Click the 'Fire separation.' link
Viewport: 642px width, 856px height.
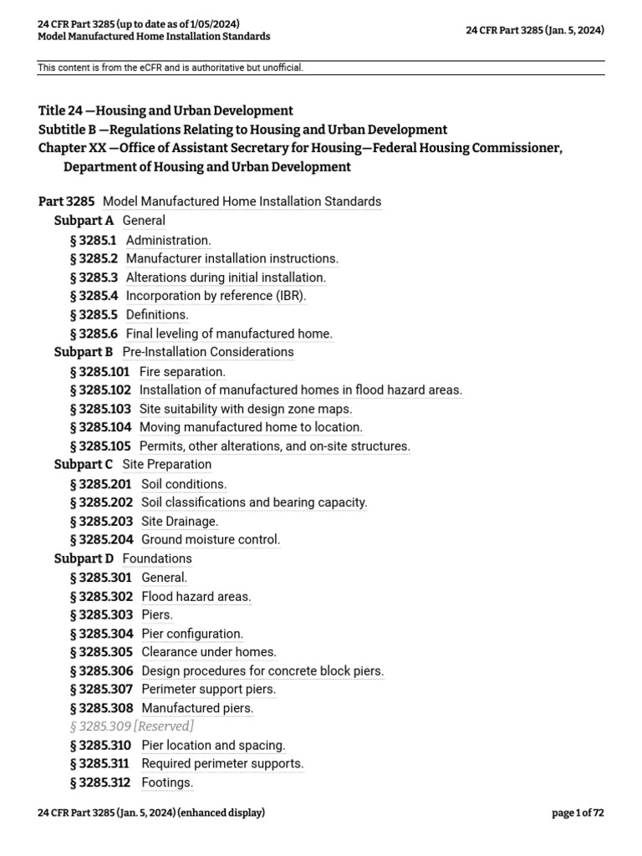click(x=182, y=371)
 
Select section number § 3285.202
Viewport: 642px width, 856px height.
click(x=101, y=502)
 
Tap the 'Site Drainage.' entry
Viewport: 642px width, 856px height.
click(x=180, y=521)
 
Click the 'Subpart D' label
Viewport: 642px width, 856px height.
click(x=84, y=558)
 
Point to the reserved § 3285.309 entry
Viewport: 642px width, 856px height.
click(x=132, y=726)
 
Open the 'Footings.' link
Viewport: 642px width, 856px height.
click(x=167, y=782)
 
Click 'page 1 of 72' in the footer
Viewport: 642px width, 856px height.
click(x=578, y=813)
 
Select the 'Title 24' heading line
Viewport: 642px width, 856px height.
click(x=166, y=110)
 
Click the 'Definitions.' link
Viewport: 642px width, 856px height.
click(x=157, y=315)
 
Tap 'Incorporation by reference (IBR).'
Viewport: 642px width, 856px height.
click(x=216, y=296)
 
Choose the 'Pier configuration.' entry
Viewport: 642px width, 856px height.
click(x=192, y=634)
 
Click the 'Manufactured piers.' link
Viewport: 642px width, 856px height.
click(x=197, y=708)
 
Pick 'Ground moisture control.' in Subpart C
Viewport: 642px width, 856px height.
click(x=211, y=539)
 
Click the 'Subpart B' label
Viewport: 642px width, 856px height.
click(x=84, y=352)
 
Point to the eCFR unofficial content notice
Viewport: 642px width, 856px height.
click(x=171, y=68)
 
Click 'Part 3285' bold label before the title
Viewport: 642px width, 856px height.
click(x=67, y=201)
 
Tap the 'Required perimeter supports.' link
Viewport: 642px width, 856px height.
click(x=222, y=763)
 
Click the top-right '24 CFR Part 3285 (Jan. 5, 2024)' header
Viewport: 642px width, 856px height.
click(x=535, y=30)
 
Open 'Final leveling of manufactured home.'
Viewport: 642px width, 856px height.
click(x=229, y=334)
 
